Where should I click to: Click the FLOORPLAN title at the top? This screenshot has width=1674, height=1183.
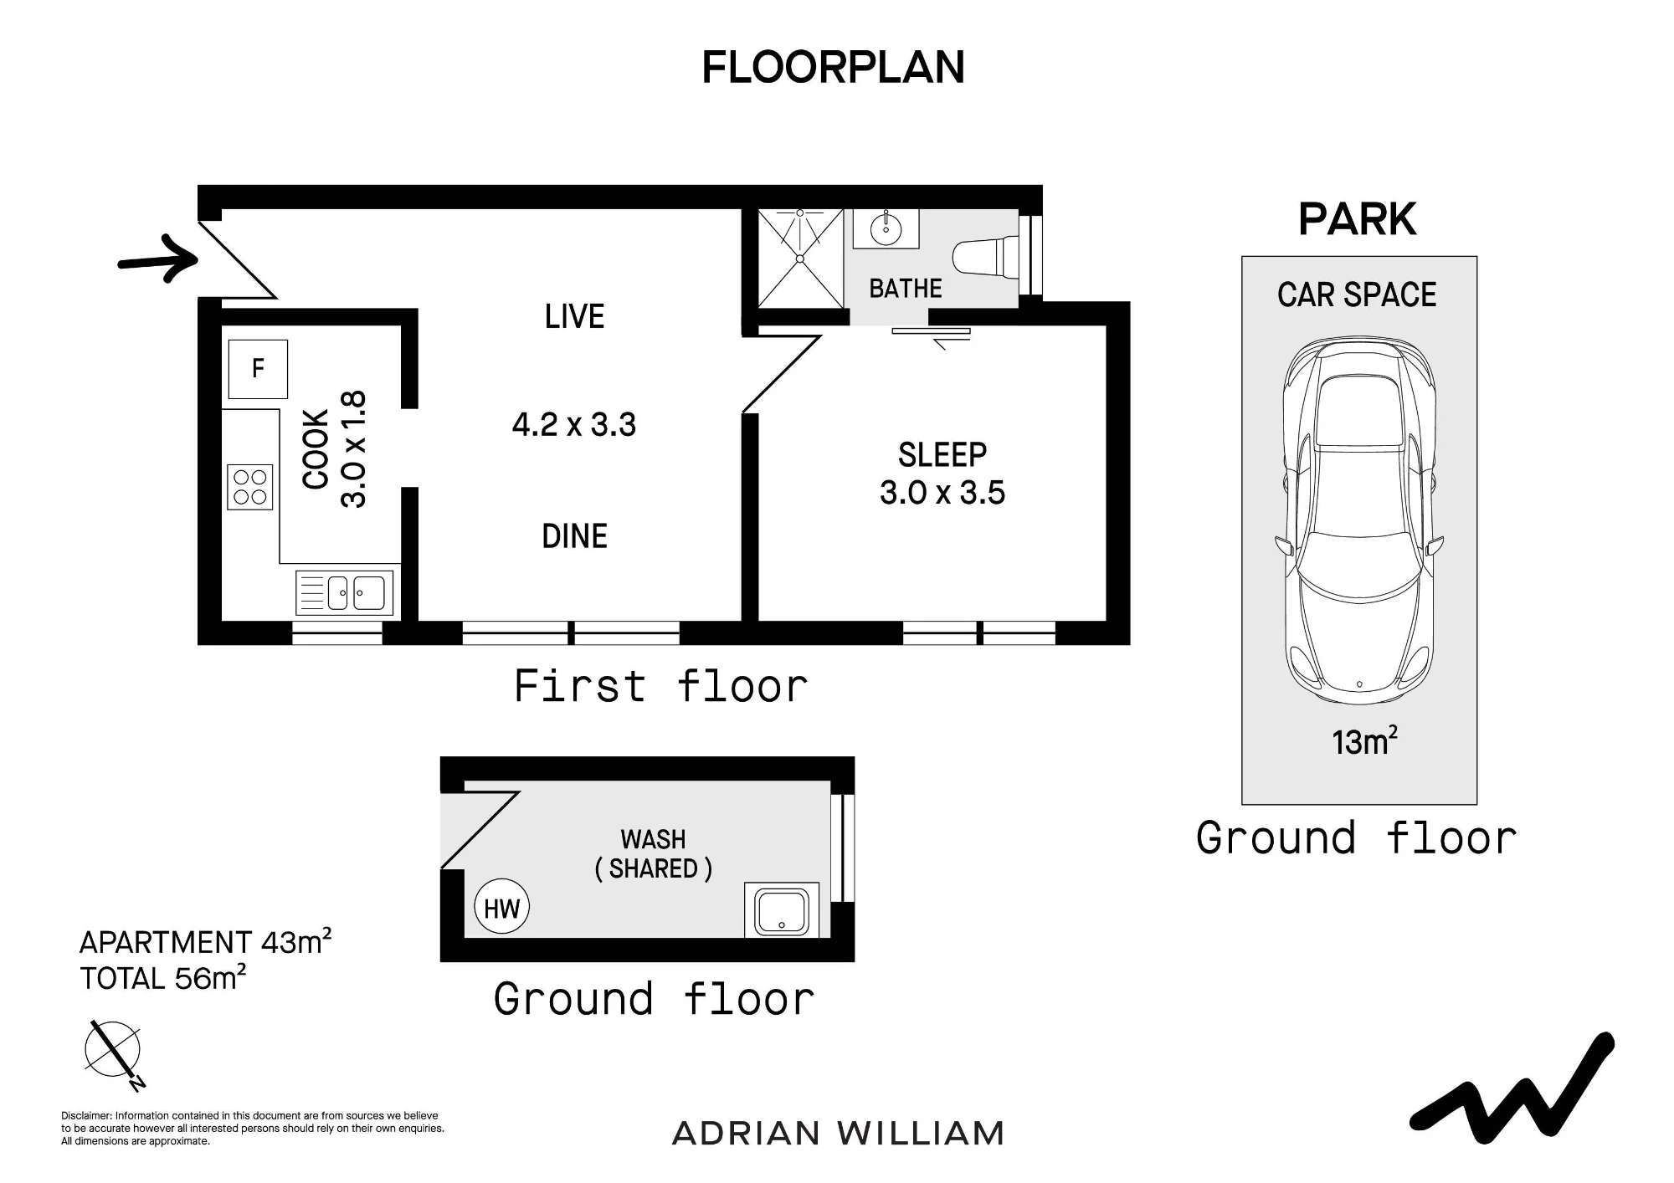tap(833, 68)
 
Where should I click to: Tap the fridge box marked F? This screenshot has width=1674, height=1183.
tap(259, 369)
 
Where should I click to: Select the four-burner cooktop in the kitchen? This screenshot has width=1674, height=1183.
tap(250, 487)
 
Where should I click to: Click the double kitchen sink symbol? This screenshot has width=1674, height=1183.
tap(345, 593)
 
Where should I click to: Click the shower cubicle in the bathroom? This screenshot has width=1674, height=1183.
tap(800, 259)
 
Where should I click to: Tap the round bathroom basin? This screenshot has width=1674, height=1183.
tap(886, 227)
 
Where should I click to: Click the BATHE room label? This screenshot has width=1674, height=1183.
tap(906, 289)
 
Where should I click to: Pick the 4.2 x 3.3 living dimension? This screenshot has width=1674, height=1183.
tap(574, 425)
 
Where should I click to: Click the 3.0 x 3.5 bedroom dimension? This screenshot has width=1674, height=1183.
tap(942, 493)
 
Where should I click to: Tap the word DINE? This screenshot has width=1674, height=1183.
tap(575, 536)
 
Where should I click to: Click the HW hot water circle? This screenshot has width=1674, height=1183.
tap(502, 908)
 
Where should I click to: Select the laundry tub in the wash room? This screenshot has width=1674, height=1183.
tap(782, 911)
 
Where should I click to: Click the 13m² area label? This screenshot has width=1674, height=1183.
tap(1364, 741)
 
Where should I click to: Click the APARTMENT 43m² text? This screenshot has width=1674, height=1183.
tap(205, 942)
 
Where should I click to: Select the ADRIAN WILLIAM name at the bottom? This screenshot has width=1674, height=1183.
tap(838, 1134)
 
